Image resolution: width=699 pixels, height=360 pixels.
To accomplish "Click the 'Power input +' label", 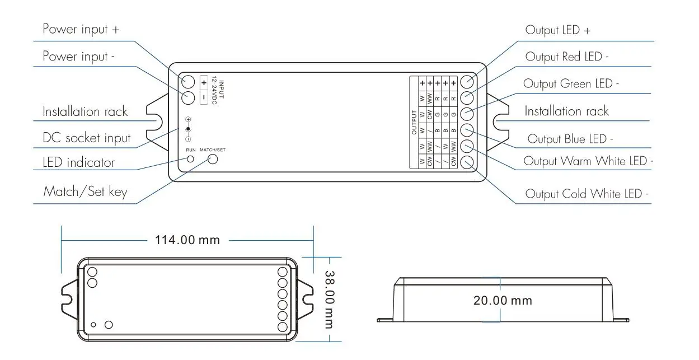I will point(81,29).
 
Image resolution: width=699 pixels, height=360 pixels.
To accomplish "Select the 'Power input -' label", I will point(79,57).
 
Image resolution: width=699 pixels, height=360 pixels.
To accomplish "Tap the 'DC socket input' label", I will point(86,138).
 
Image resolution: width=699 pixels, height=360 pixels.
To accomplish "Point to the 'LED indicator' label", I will point(78,162).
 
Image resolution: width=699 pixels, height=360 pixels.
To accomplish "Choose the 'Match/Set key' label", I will point(85,191).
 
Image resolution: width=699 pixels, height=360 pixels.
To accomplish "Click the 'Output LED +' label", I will point(557,30).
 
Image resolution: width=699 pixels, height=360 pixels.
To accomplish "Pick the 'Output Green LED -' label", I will point(571,84).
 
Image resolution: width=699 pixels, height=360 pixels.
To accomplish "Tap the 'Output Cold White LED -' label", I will point(587,194).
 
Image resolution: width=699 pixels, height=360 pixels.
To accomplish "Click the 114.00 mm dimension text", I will point(187,240).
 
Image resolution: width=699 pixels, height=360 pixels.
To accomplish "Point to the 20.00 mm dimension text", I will point(503,301).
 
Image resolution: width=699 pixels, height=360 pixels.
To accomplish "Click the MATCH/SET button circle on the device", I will point(213,159).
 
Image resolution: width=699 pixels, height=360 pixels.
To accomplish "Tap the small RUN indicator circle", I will point(190,159).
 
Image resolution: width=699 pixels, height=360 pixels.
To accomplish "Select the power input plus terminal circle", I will point(187,82).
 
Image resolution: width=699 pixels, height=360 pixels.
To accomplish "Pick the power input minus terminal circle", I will point(187,98).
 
